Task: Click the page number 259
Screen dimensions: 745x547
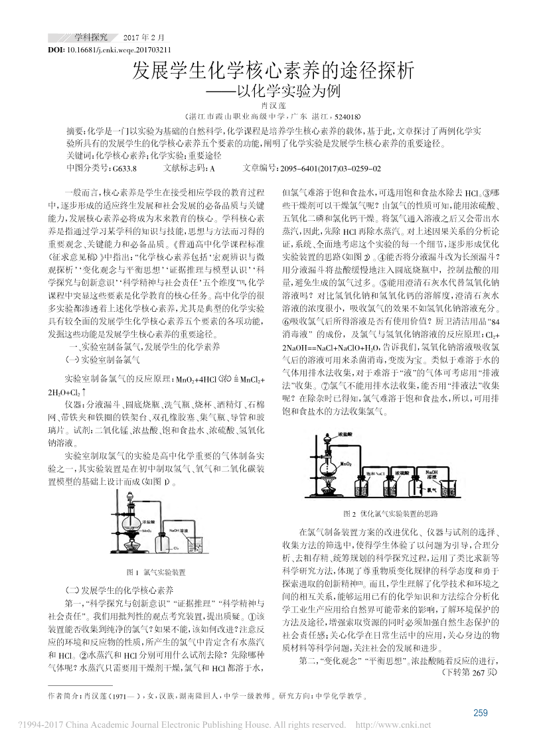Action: point(481,713)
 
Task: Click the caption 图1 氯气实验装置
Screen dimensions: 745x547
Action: point(156,571)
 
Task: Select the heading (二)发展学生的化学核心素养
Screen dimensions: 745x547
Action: point(120,589)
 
